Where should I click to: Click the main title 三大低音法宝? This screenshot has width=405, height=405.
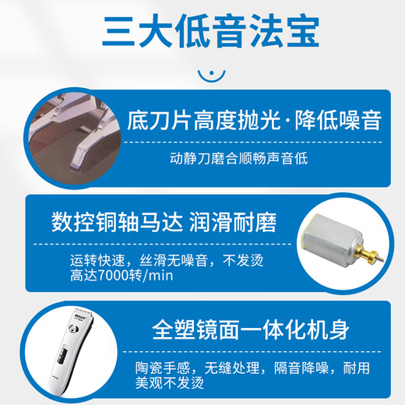(209, 32)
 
